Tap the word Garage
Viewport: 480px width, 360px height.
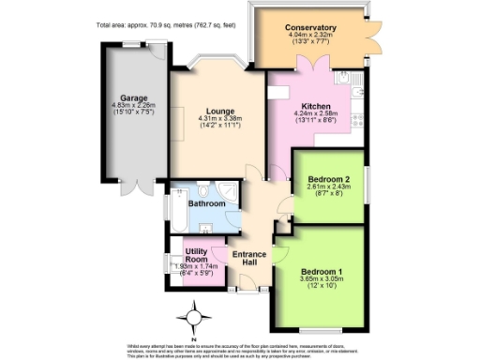point(132,96)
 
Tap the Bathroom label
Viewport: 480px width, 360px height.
point(206,203)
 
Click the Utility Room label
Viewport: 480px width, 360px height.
point(196,256)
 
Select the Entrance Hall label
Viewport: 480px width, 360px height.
point(250,260)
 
